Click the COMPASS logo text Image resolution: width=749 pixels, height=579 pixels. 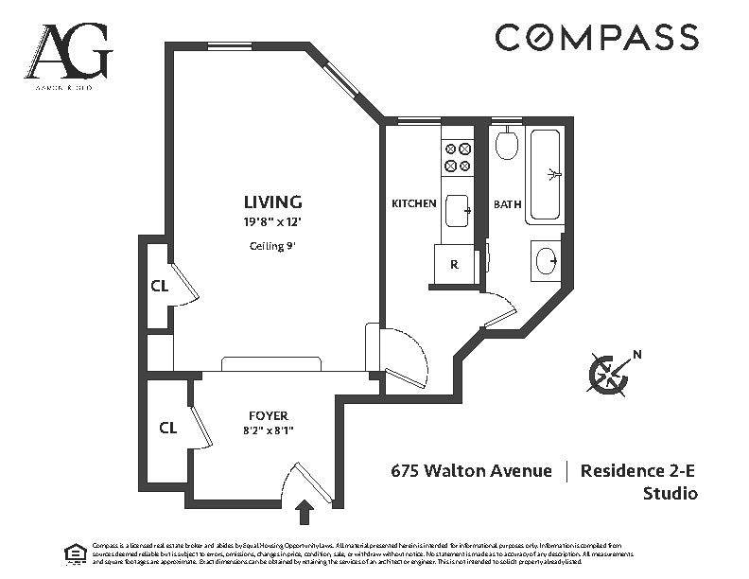pyautogui.click(x=597, y=38)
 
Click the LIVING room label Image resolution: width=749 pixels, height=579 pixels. pyautogui.click(x=272, y=202)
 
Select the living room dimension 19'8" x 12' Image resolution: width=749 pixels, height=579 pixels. pyautogui.click(x=272, y=223)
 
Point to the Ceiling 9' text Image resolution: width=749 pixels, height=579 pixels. pyautogui.click(x=272, y=246)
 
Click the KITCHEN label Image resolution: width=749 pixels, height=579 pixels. pyautogui.click(x=414, y=203)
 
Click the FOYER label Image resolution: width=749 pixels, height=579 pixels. pyautogui.click(x=269, y=415)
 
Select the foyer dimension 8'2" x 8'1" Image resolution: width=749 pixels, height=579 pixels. pyautogui.click(x=269, y=433)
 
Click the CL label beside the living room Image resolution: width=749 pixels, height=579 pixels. pyautogui.click(x=159, y=287)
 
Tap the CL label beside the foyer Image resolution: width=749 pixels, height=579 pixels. pyautogui.click(x=168, y=428)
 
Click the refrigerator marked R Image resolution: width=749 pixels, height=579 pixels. pyautogui.click(x=455, y=265)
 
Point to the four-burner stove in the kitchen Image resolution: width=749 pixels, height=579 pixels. pyautogui.click(x=458, y=157)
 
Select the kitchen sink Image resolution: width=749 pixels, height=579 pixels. pyautogui.click(x=458, y=211)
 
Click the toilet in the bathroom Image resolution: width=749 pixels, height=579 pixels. pyautogui.click(x=507, y=145)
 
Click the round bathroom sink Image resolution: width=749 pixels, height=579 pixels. pyautogui.click(x=546, y=260)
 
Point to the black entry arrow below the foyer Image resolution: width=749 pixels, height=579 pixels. pyautogui.click(x=305, y=513)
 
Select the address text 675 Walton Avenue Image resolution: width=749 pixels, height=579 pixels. pyautogui.click(x=472, y=470)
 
